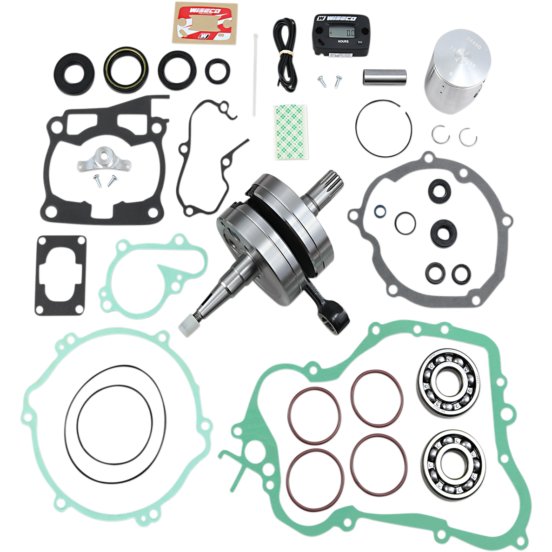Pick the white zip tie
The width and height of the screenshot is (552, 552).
coord(255,74)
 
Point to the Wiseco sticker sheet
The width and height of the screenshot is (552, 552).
coord(205,22)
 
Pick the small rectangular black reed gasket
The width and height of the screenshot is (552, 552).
coord(60,274)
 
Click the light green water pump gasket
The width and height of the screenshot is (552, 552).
coord(153,272)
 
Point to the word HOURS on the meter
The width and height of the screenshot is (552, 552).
coord(343,41)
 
